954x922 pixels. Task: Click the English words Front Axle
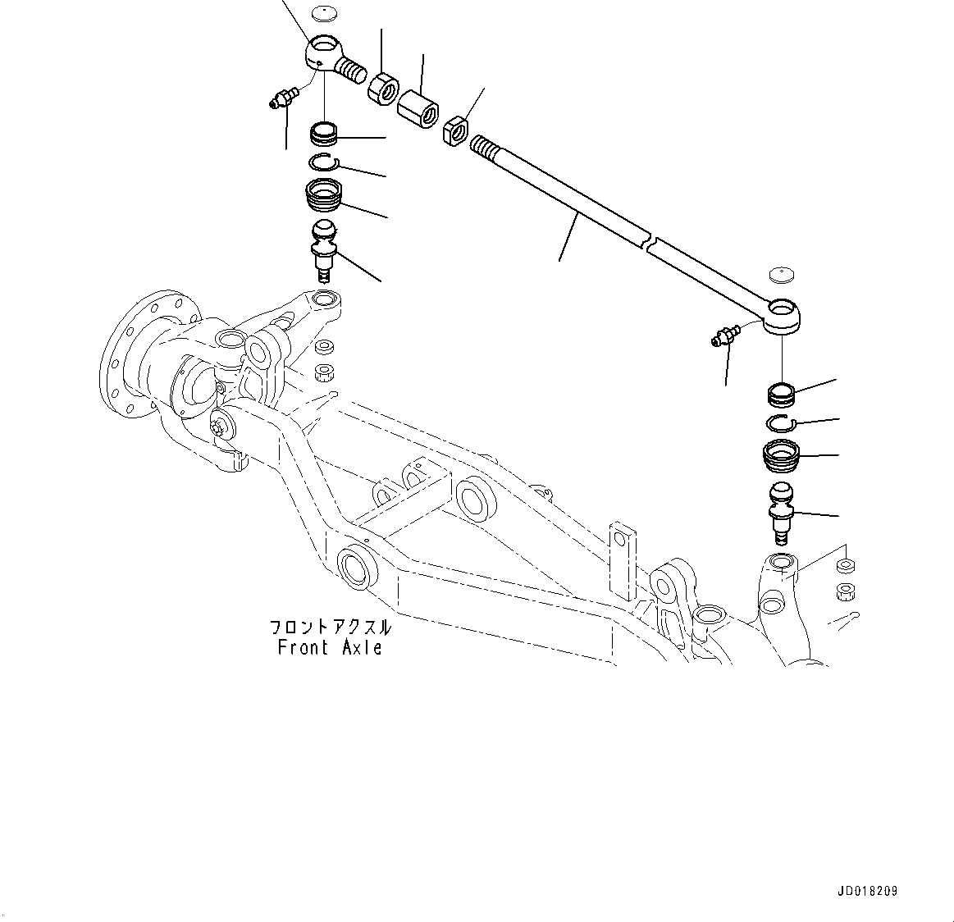330,647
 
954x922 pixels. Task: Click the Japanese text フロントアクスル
330,628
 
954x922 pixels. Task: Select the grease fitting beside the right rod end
724,335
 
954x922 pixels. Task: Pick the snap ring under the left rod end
326,162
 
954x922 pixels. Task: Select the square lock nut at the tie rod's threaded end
455,130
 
